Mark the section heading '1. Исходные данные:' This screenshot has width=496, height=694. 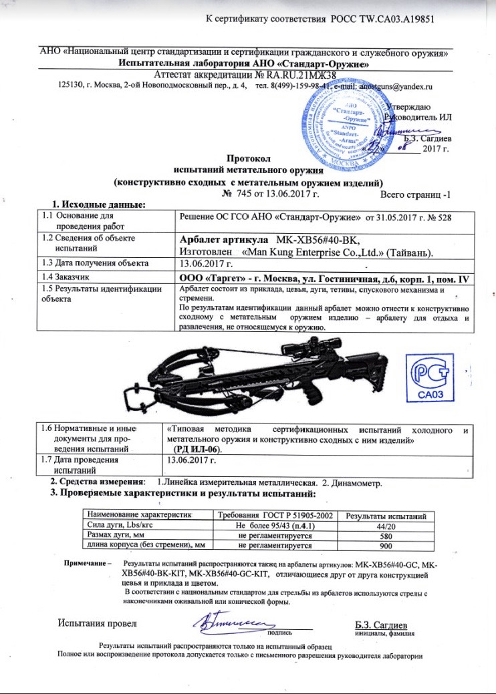(x=99, y=204)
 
